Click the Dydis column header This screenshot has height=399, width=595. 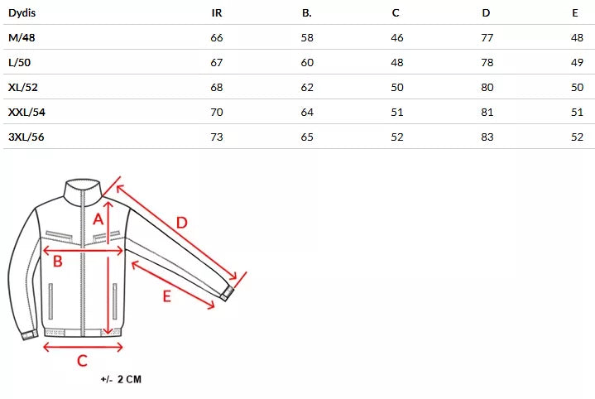pos(22,13)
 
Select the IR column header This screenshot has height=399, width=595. pos(217,13)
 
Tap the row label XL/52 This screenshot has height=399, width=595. pos(23,87)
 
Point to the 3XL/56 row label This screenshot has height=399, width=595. pos(26,137)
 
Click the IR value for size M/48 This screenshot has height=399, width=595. pos(217,37)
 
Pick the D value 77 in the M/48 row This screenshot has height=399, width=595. pos(487,37)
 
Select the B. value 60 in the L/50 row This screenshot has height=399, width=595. pos(307,62)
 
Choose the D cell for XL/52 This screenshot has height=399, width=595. pos(487,87)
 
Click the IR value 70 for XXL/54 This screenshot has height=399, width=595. pos(217,112)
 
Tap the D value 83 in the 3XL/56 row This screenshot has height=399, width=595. pos(487,137)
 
